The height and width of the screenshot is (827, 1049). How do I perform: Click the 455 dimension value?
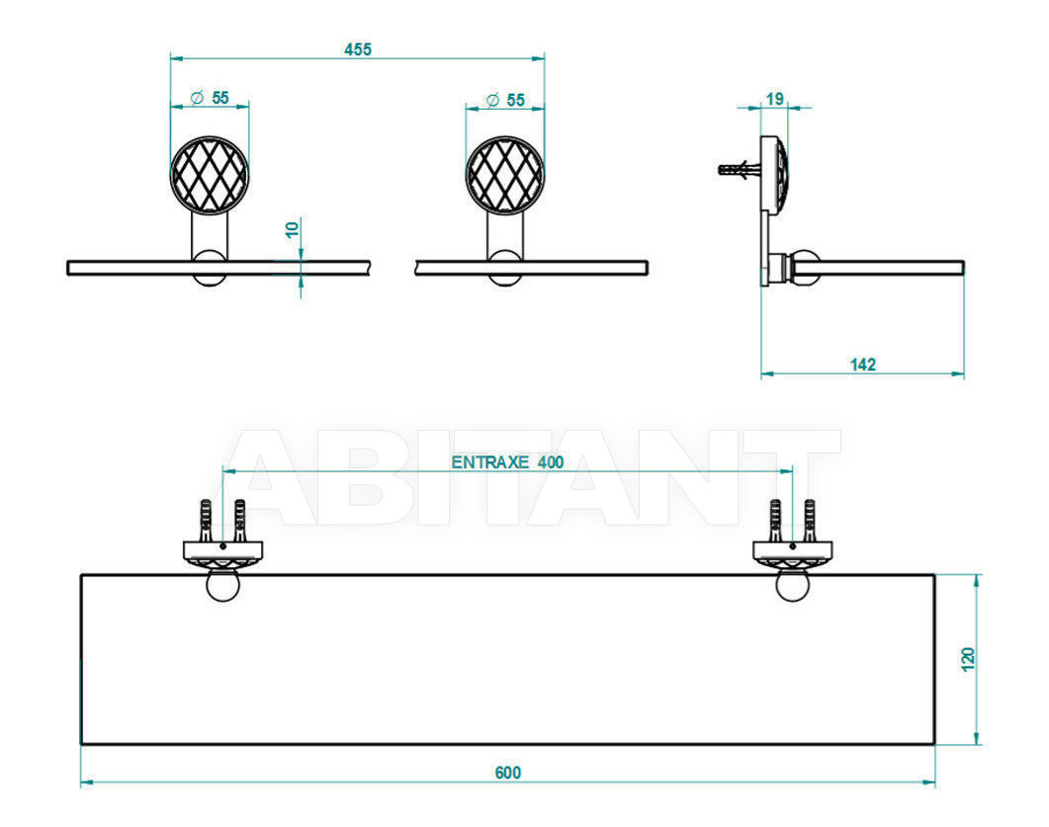click(357, 49)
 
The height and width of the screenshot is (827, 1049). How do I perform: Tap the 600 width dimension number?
click(508, 773)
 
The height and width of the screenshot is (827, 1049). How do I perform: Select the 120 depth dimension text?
click(968, 659)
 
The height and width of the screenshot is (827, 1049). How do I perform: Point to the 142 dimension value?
click(862, 365)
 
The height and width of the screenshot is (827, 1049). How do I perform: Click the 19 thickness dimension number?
click(775, 99)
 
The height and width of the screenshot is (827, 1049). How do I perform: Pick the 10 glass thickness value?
click(293, 228)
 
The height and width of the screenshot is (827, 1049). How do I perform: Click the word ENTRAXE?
click(490, 462)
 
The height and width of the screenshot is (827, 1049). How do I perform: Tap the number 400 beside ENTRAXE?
click(551, 462)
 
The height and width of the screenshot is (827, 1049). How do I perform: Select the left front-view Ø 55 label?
click(210, 98)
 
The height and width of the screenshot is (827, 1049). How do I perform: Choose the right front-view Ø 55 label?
click(506, 100)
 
